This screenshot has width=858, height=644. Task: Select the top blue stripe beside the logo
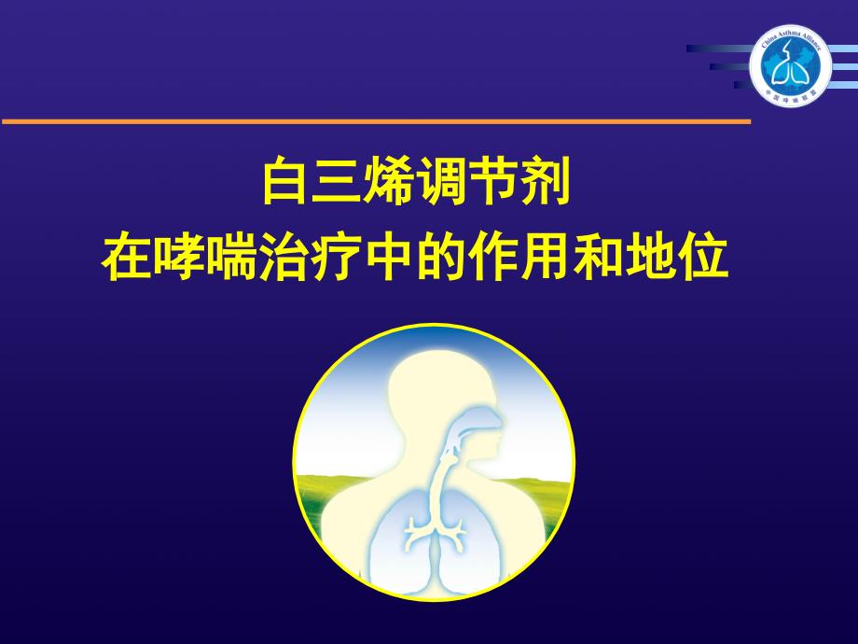point(718,48)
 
